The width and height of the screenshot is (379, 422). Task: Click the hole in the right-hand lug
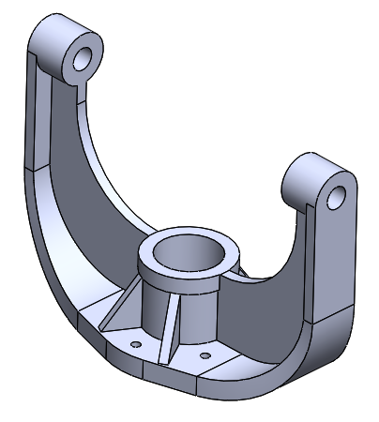point(337,197)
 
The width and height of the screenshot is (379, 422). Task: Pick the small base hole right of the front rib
point(206,356)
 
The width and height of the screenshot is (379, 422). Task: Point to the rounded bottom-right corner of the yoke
point(324,352)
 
